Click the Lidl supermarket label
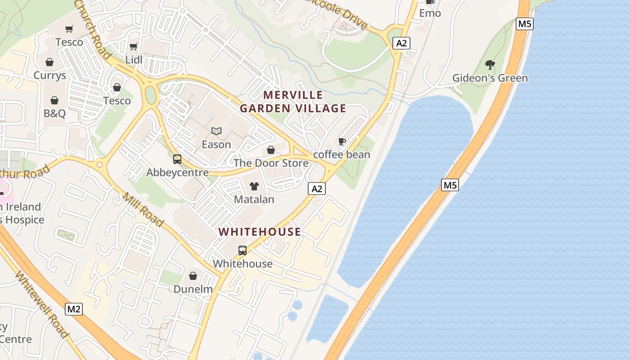[134, 60]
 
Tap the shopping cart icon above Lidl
[134, 47]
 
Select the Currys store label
[50, 75]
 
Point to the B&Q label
[54, 113]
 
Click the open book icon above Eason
[216, 131]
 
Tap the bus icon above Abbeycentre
[177, 159]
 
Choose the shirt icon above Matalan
[254, 186]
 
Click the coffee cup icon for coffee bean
[342, 142]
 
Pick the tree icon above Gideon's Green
[490, 65]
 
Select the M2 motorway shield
[74, 309]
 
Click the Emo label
[430, 13]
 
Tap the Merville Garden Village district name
[293, 102]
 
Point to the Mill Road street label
[143, 209]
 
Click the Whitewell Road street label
[42, 304]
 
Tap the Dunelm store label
[193, 289]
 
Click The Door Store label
[271, 163]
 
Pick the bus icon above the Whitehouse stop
[243, 251]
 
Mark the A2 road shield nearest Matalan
[317, 189]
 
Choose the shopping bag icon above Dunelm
[193, 276]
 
